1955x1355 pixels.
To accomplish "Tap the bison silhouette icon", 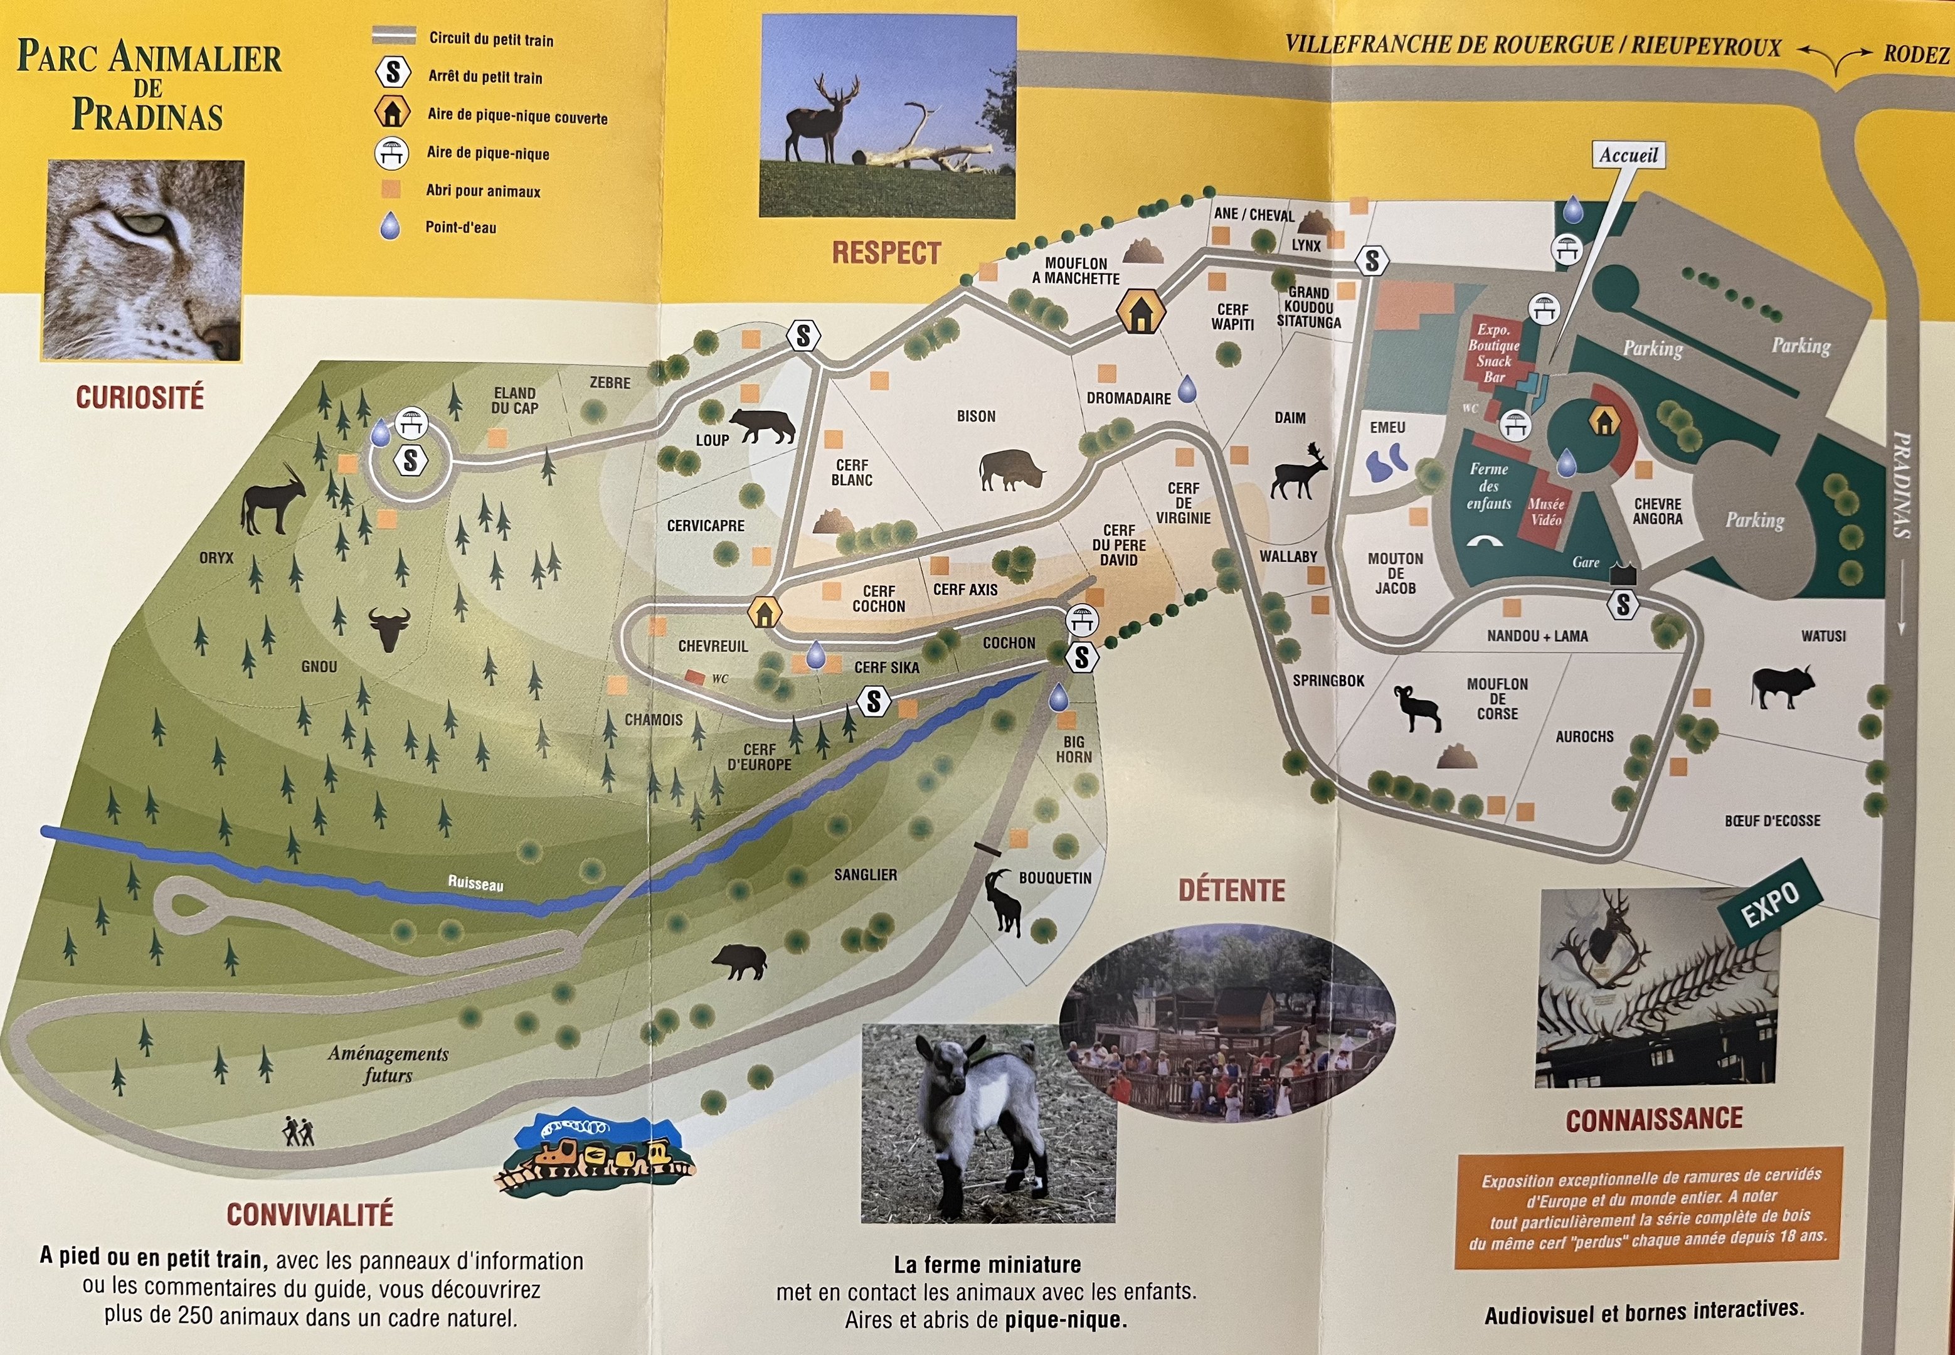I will coord(1010,469).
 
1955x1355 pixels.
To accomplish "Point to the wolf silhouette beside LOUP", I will coord(762,425).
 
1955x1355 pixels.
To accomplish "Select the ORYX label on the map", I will coord(216,558).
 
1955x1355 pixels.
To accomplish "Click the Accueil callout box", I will coord(1628,156).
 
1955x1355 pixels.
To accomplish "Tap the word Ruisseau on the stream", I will coord(475,883).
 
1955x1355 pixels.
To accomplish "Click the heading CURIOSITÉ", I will coord(140,397).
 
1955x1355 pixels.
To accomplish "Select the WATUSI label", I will coord(1823,636).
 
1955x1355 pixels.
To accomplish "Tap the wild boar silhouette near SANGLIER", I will coord(739,961).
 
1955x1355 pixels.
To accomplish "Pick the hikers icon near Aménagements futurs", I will coord(298,1131).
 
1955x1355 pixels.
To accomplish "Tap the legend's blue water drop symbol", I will coord(389,226).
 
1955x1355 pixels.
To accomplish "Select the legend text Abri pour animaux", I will coord(483,191).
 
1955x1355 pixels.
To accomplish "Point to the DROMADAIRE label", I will coord(1128,398).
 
